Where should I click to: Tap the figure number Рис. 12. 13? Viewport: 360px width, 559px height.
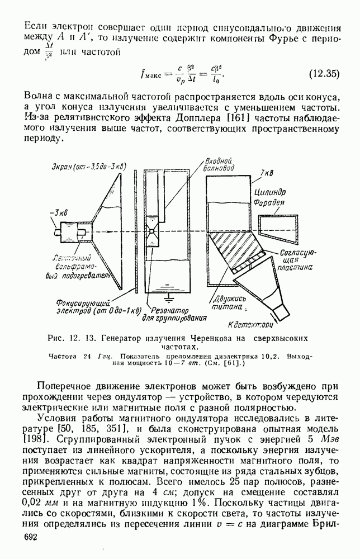72,338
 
